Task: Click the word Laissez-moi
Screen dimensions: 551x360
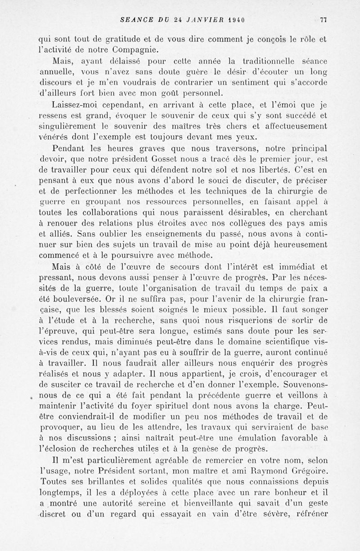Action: (x=75, y=106)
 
